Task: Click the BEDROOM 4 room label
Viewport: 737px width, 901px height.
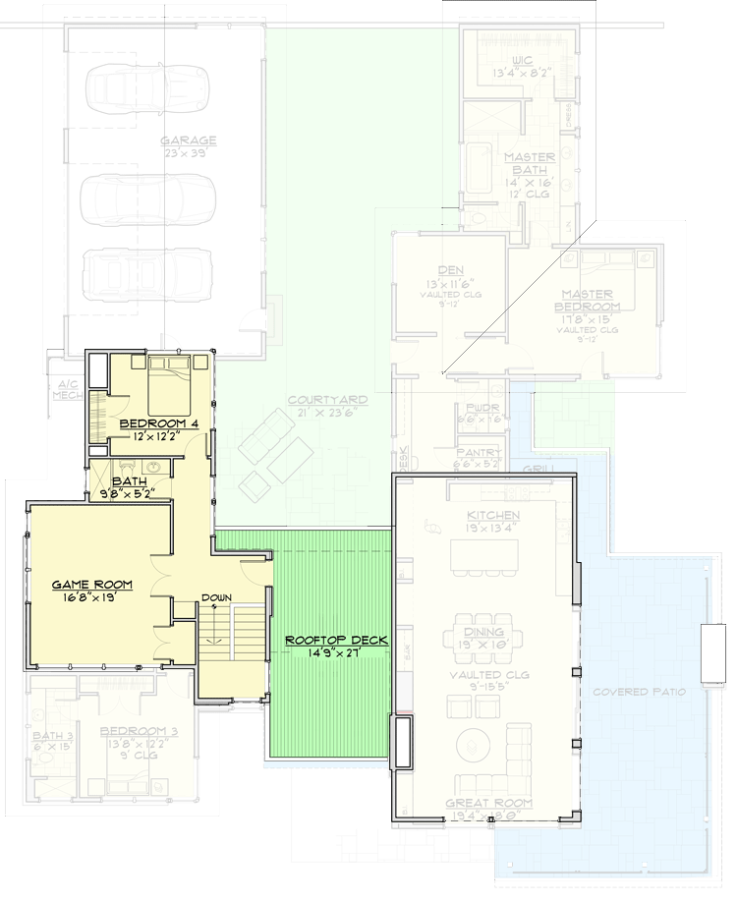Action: pos(159,423)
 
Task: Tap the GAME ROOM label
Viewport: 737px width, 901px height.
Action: pos(91,585)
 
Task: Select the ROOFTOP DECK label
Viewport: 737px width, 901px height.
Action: pos(335,640)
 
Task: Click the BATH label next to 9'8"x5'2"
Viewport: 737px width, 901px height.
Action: pos(130,481)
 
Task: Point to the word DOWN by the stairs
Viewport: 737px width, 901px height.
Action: pos(216,597)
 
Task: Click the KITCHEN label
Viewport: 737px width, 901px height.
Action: pos(494,516)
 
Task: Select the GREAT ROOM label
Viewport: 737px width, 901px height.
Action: pos(489,803)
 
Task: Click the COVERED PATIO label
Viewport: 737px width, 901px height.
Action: pos(640,692)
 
